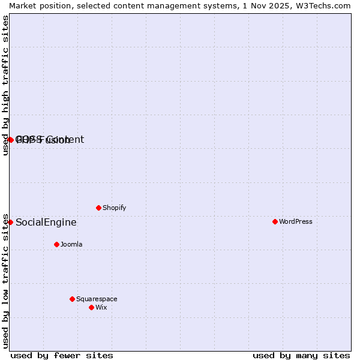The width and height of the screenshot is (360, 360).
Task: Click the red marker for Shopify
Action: point(98,208)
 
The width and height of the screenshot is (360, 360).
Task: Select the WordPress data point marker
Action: point(275,221)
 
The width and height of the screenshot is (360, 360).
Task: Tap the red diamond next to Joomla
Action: point(56,244)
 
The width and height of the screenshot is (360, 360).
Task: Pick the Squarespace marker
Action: point(72,299)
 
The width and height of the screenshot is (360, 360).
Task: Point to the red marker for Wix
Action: point(91,307)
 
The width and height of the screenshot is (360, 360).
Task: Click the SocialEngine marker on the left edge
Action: point(10,222)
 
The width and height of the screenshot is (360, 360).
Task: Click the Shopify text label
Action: point(114,208)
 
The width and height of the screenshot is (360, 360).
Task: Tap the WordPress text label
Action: point(295,221)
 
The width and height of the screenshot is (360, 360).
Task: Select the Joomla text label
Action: point(71,244)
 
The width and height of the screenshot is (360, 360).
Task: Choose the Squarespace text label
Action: point(97,299)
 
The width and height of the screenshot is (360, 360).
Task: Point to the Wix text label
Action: point(101,307)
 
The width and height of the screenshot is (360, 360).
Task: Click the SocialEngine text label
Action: point(46,222)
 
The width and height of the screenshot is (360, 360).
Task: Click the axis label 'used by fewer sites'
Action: point(62,355)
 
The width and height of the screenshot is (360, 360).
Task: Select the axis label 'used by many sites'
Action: point(301,355)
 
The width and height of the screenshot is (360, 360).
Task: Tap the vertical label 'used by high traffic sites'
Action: point(5,85)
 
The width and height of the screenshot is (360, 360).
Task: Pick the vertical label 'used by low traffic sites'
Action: point(5,281)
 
